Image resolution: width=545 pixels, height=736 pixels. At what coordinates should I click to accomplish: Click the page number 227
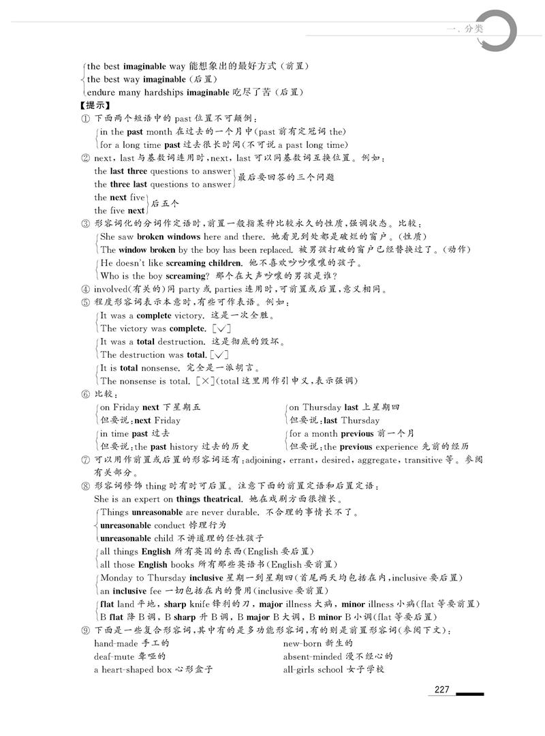[441, 690]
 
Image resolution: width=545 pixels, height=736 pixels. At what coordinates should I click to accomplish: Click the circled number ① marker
[85, 119]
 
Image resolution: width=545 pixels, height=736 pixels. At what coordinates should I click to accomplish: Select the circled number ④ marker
[85, 289]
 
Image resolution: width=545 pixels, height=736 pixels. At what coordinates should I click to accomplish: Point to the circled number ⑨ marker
[85, 630]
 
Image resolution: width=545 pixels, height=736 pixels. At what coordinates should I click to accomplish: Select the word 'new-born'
[302, 643]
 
